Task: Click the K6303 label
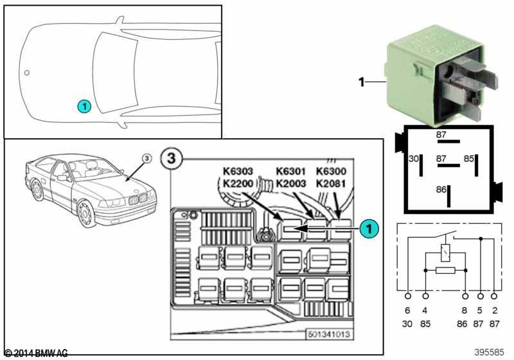pos(238,171)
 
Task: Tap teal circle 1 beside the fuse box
pos(368,227)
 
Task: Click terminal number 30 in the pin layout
pos(414,158)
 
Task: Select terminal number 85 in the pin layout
pos(470,158)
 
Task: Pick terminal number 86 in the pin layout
pos(441,190)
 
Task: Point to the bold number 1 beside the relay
pos(361,82)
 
